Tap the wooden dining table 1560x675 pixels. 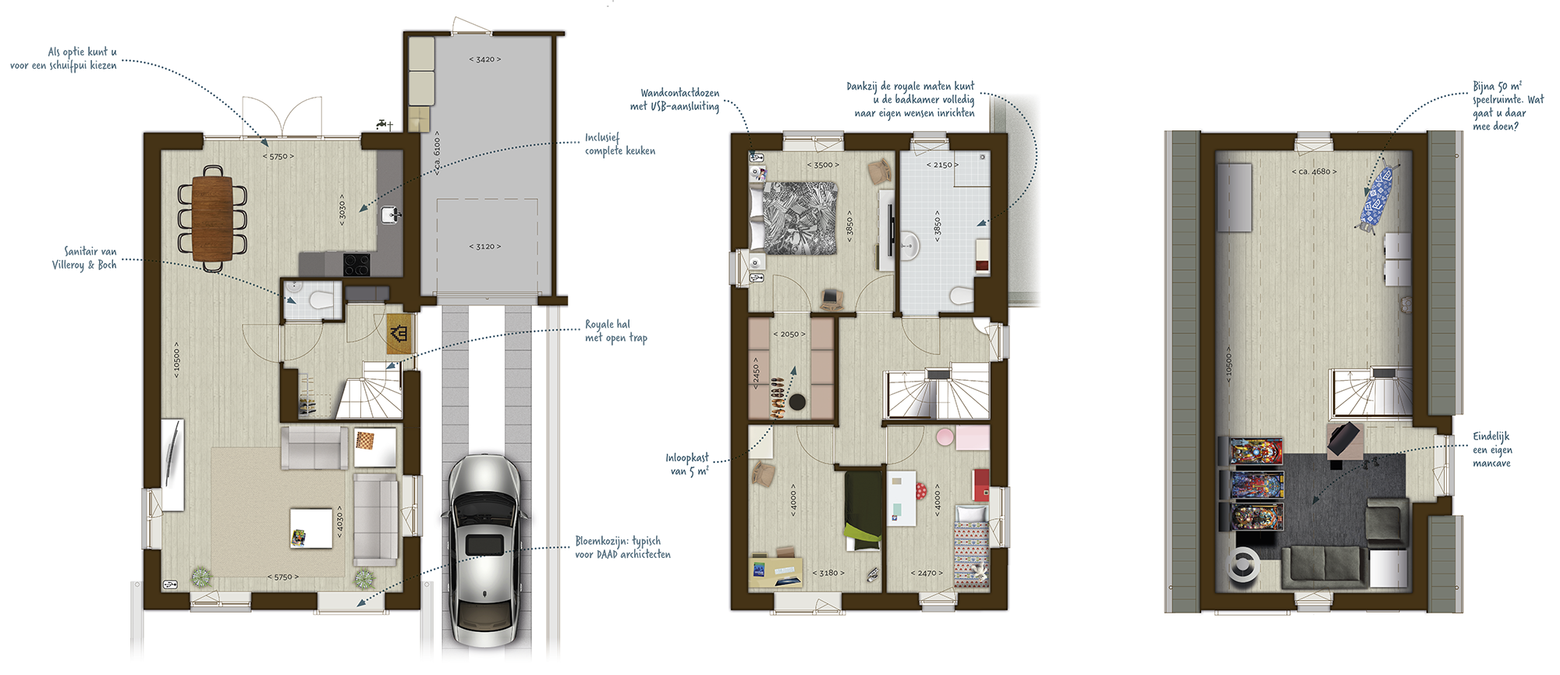[212, 218]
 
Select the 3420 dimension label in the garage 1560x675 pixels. [485, 59]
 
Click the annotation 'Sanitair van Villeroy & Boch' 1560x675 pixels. [84, 258]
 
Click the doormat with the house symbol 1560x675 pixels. [399, 334]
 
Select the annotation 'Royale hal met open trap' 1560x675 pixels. [616, 331]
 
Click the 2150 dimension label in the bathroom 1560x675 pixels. [942, 165]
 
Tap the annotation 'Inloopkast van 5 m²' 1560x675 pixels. [687, 464]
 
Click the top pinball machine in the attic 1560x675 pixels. [1257, 452]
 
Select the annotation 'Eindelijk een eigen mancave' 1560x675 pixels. [1492, 449]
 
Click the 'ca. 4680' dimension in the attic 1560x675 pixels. [1314, 172]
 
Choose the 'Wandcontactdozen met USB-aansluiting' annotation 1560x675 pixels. [675, 99]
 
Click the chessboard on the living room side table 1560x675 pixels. [365, 441]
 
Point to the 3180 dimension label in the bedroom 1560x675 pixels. [828, 573]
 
